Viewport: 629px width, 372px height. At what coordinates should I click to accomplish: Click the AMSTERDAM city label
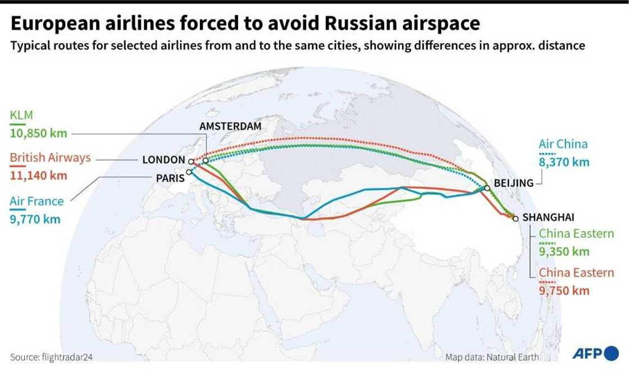(230, 126)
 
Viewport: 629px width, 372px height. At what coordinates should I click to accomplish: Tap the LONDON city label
(163, 160)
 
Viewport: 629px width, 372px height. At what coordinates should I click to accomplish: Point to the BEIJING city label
(513, 183)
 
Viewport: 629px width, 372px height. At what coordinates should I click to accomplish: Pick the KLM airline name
(22, 116)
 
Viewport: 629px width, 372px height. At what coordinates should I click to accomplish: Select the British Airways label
(51, 158)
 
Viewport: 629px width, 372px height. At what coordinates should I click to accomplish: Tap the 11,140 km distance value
(38, 175)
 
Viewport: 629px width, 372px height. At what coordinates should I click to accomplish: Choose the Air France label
(37, 201)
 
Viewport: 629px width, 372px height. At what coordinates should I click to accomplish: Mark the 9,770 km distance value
(35, 219)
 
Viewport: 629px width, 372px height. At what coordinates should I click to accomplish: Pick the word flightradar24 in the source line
(62, 357)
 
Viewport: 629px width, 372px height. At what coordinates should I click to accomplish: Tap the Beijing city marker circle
(487, 189)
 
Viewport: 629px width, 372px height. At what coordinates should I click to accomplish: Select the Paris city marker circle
(189, 173)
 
